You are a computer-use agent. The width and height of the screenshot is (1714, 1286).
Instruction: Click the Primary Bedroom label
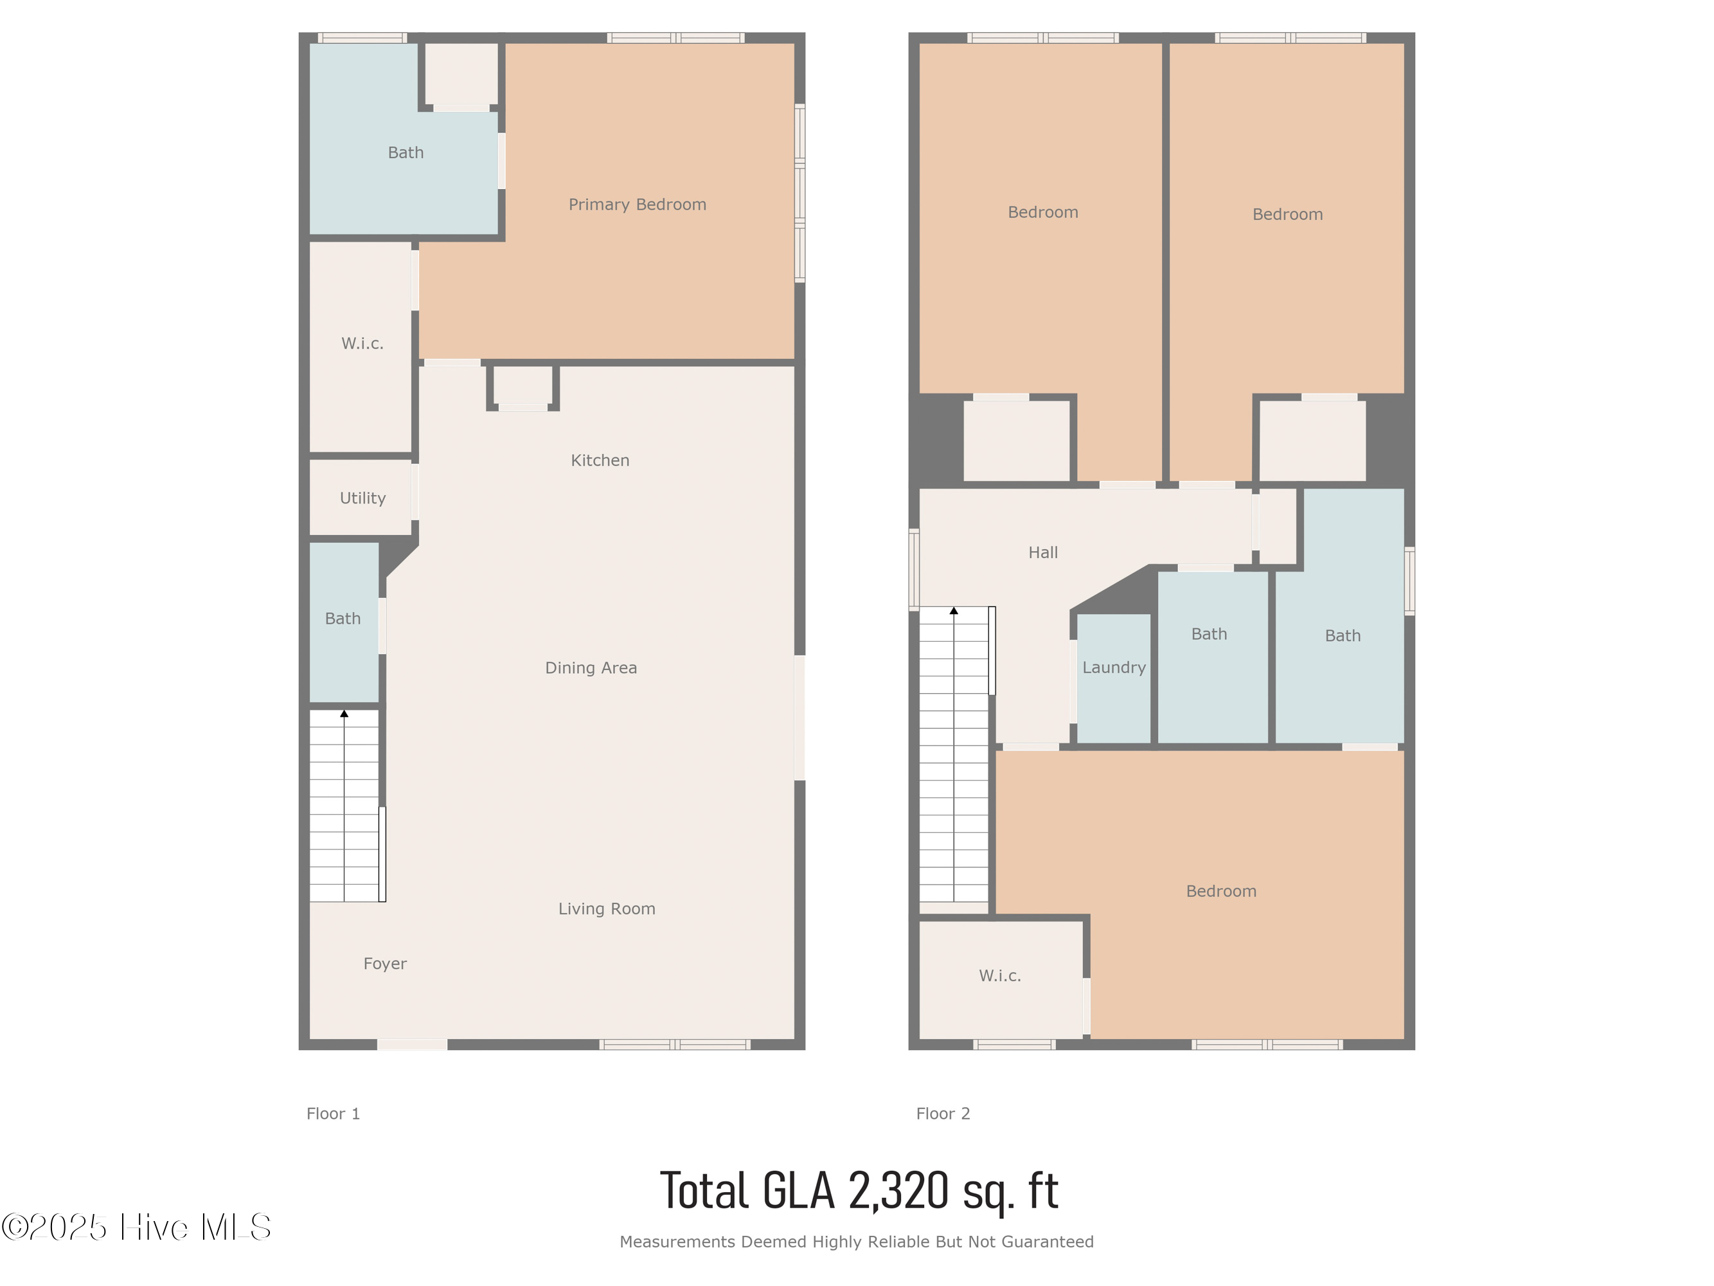point(637,204)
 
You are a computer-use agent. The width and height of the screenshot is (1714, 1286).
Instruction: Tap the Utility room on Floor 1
point(361,497)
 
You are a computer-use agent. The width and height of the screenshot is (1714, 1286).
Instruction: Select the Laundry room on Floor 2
point(1114,678)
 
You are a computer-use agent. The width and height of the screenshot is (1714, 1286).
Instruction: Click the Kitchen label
point(600,460)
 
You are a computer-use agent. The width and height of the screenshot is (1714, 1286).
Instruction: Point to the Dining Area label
point(591,668)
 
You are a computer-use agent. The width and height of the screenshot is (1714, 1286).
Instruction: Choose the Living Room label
point(607,909)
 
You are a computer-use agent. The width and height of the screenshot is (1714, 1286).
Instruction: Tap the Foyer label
point(385,963)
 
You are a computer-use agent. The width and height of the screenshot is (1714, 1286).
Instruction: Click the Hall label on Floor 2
point(1043,553)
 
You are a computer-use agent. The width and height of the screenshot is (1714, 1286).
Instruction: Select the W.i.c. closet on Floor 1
point(361,347)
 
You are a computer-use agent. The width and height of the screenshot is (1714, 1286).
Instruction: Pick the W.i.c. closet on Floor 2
point(1001,980)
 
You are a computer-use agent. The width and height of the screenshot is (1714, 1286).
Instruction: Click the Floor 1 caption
point(333,1114)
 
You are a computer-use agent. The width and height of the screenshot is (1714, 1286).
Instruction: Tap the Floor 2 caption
point(943,1114)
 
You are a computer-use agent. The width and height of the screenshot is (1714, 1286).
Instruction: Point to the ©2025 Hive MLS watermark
point(136,1227)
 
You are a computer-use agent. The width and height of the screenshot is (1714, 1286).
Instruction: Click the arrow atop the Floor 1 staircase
point(344,714)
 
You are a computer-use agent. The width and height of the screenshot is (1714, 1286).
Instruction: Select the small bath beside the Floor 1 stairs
point(344,622)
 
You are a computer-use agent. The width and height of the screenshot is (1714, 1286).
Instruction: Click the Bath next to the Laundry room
point(1213,657)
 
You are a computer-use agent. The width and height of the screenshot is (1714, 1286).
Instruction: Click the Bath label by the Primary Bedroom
point(406,152)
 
